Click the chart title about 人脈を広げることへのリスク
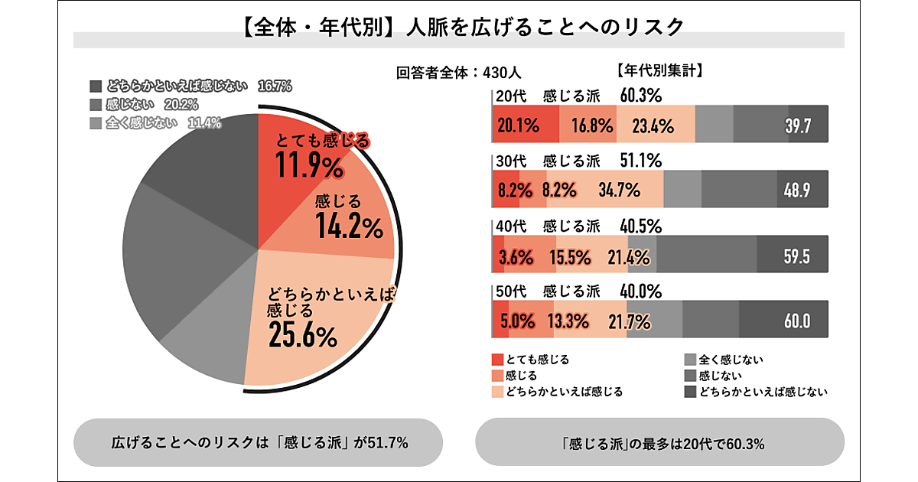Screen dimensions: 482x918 459,28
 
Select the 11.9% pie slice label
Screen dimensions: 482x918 309,165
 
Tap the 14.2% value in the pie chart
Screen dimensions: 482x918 348,227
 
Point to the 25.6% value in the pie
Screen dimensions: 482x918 302,335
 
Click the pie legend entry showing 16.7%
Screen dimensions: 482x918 190,86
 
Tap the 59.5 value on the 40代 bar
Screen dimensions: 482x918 796,256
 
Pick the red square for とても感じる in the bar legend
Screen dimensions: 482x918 497,360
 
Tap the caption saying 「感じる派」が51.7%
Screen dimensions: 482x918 259,442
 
